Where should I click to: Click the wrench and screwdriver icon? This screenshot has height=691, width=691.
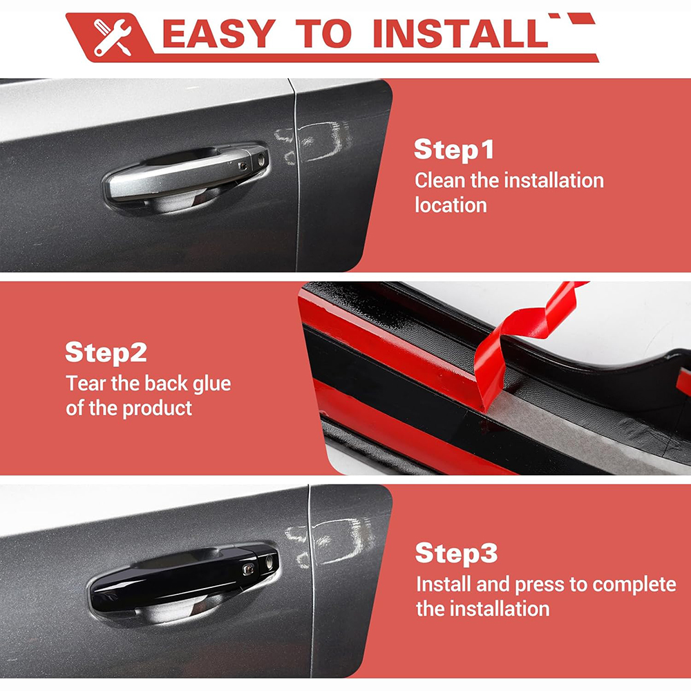pos(113,37)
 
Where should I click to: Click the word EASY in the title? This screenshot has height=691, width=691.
pos(219,33)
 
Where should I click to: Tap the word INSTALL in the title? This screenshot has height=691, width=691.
pos(460,33)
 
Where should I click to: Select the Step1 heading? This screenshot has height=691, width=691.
pos(454,150)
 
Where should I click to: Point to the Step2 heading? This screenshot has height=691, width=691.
pos(106,352)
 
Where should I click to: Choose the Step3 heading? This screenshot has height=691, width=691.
pos(457,553)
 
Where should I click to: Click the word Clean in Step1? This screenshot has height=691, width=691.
pos(439,180)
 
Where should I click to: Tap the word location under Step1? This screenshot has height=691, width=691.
pos(451,205)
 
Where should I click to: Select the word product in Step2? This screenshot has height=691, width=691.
pos(158,409)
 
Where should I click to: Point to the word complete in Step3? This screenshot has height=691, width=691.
pos(634,585)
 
